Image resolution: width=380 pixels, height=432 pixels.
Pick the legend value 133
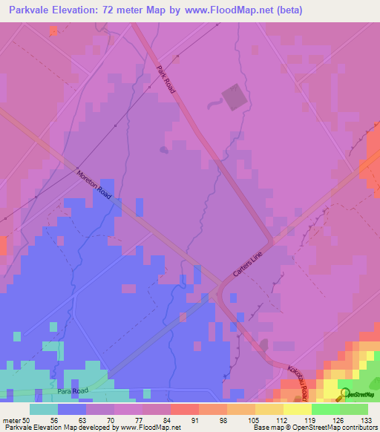(x=368, y=419)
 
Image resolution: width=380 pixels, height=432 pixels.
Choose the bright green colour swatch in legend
(x=326, y=409)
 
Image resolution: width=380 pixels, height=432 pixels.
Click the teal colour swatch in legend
(x=44, y=409)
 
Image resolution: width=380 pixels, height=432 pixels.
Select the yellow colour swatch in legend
(x=298, y=409)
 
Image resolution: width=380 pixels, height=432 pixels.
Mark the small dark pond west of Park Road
(x=163, y=149)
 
